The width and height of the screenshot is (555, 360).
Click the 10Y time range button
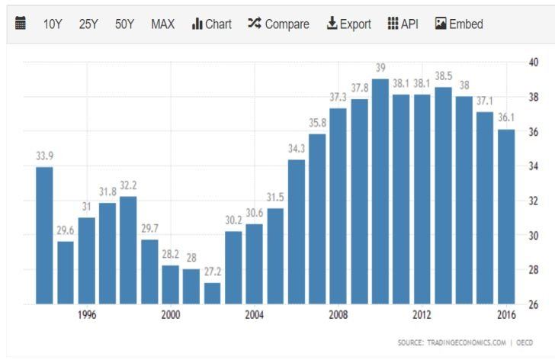(x=53, y=24)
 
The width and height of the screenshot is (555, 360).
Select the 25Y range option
(x=88, y=24)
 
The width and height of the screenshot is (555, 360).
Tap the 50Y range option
(x=124, y=24)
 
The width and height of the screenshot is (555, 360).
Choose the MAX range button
(x=162, y=24)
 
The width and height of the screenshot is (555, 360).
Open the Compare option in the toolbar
(x=278, y=24)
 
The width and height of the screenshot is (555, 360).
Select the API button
(x=403, y=24)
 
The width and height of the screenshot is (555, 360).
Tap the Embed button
(x=459, y=24)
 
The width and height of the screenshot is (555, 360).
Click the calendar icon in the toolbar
(x=21, y=24)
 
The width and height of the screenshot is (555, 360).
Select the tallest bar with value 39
(x=380, y=191)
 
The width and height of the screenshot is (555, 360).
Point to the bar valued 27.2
(x=212, y=293)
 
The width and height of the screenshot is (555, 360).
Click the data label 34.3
(x=297, y=148)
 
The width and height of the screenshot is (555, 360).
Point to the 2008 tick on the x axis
(x=338, y=316)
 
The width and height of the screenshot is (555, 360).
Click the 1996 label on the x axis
(x=87, y=316)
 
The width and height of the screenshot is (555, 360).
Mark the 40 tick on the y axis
(x=534, y=63)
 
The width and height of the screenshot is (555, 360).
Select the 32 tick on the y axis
(x=534, y=201)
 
